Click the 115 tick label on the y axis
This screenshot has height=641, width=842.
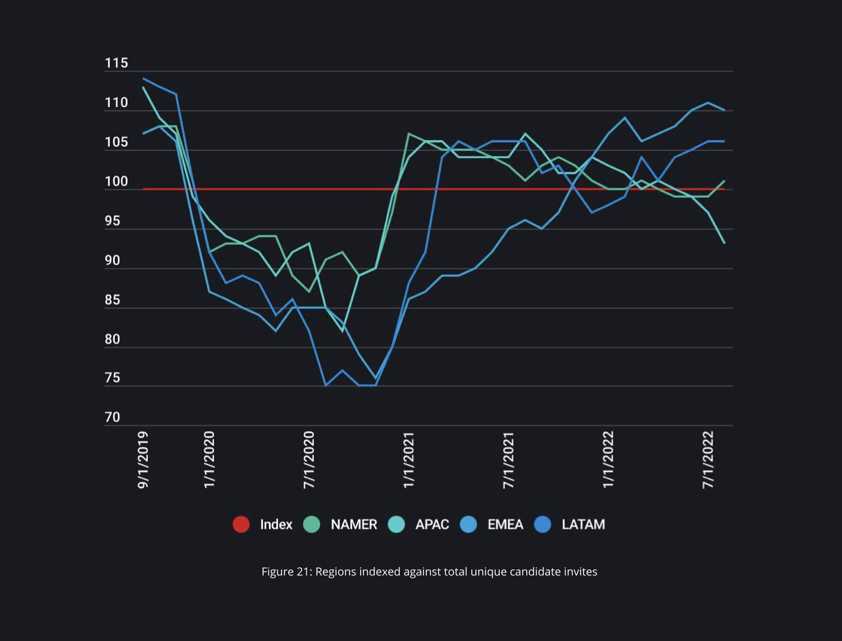point(116,63)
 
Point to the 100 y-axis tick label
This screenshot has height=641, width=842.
point(116,182)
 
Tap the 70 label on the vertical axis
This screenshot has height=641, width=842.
point(112,417)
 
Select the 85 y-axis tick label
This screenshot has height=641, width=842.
point(112,300)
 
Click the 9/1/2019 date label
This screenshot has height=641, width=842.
point(143,460)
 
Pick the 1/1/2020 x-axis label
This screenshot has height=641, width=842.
point(209,460)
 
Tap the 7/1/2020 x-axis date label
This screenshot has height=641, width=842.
point(309,460)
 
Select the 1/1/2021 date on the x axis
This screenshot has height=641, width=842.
point(409,460)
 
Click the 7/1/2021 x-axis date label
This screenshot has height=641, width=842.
point(509,460)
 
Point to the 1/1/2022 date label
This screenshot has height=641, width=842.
point(608,460)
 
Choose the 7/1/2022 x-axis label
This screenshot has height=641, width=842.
point(708,460)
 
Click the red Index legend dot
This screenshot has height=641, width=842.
point(241,525)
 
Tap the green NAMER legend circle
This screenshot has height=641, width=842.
point(312,525)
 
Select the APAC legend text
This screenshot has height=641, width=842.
point(432,525)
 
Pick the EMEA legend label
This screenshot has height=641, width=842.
point(505,525)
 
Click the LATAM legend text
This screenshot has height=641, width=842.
point(583,525)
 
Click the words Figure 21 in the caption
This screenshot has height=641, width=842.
point(286,572)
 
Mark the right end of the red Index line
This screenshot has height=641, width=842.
point(724,189)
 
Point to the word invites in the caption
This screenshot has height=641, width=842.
point(581,572)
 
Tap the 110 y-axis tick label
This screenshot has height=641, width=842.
point(116,103)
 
